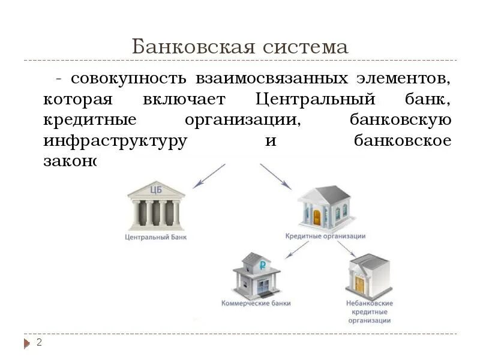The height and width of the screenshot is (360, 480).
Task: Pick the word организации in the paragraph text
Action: point(242,121)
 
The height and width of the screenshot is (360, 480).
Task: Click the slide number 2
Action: point(39,343)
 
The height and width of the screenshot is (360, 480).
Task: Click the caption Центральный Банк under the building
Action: point(155,238)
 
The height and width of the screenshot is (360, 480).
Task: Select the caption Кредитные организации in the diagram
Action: point(325,236)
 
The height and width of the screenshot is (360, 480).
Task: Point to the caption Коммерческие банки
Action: point(256,303)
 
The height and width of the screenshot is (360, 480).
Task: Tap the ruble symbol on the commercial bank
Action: point(262,264)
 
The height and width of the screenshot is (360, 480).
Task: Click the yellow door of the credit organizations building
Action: point(317,217)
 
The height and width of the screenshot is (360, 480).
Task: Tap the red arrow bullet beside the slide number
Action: point(27,344)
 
